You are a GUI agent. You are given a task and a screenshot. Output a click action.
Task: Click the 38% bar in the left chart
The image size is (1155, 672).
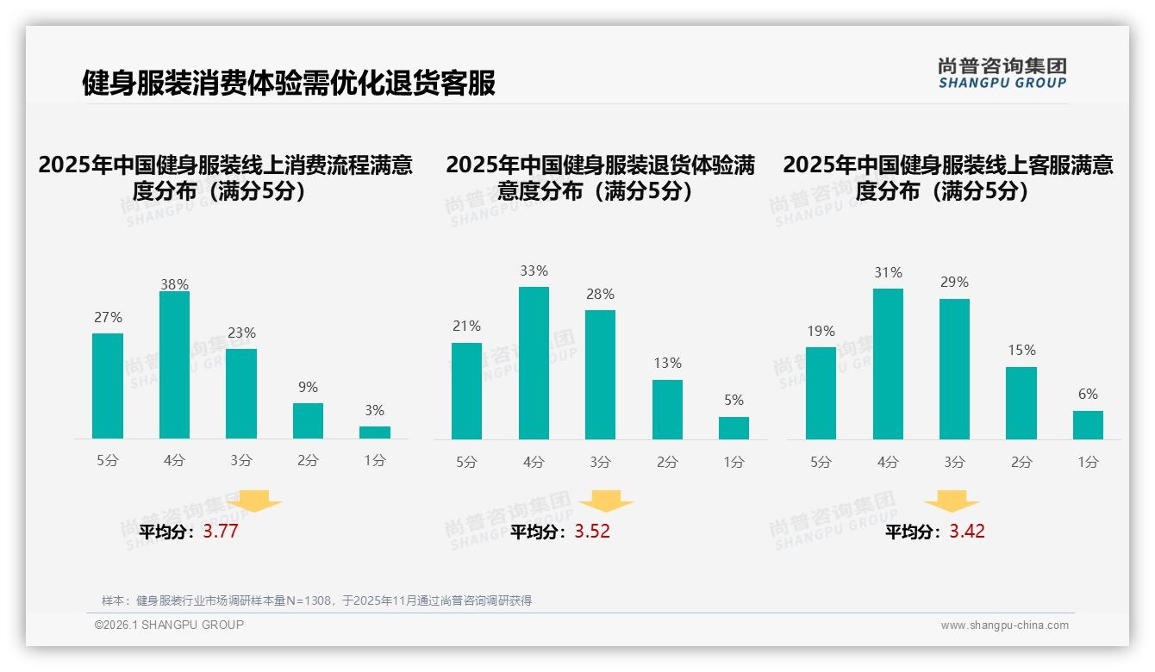coord(174,365)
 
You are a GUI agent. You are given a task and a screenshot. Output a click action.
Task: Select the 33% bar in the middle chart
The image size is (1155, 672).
coord(534,363)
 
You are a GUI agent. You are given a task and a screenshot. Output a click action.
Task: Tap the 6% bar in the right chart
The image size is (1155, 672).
coord(1088,425)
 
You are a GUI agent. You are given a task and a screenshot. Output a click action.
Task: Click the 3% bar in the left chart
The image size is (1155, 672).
coord(375,432)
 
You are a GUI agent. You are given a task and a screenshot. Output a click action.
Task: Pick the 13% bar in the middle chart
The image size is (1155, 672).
coord(667,409)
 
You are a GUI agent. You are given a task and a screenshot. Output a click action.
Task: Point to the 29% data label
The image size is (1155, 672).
coord(954,283)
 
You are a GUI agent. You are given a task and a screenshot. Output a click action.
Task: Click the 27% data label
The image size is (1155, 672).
coord(108,318)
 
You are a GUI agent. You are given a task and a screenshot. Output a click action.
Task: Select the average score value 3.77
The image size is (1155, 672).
coord(220,532)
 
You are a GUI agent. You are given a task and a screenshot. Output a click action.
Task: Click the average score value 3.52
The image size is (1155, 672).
coord(592,532)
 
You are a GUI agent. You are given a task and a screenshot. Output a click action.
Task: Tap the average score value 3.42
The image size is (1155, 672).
coord(967,532)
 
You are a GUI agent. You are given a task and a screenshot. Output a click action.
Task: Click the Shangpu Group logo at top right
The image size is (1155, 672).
coord(1002,73)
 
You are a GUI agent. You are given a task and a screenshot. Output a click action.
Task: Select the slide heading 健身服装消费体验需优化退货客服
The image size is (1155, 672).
coord(288,84)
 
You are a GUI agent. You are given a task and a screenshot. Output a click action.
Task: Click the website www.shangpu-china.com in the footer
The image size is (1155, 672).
coord(1004,625)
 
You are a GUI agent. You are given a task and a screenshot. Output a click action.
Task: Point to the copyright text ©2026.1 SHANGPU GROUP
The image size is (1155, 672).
coord(169,625)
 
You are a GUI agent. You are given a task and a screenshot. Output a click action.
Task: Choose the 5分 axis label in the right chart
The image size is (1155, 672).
coord(821,463)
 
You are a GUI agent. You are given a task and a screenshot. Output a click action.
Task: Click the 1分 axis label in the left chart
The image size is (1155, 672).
coord(375,461)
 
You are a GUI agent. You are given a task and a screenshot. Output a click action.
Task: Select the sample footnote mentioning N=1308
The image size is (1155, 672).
coord(316,600)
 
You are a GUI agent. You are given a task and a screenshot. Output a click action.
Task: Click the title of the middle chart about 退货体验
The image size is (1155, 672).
coord(600,177)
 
